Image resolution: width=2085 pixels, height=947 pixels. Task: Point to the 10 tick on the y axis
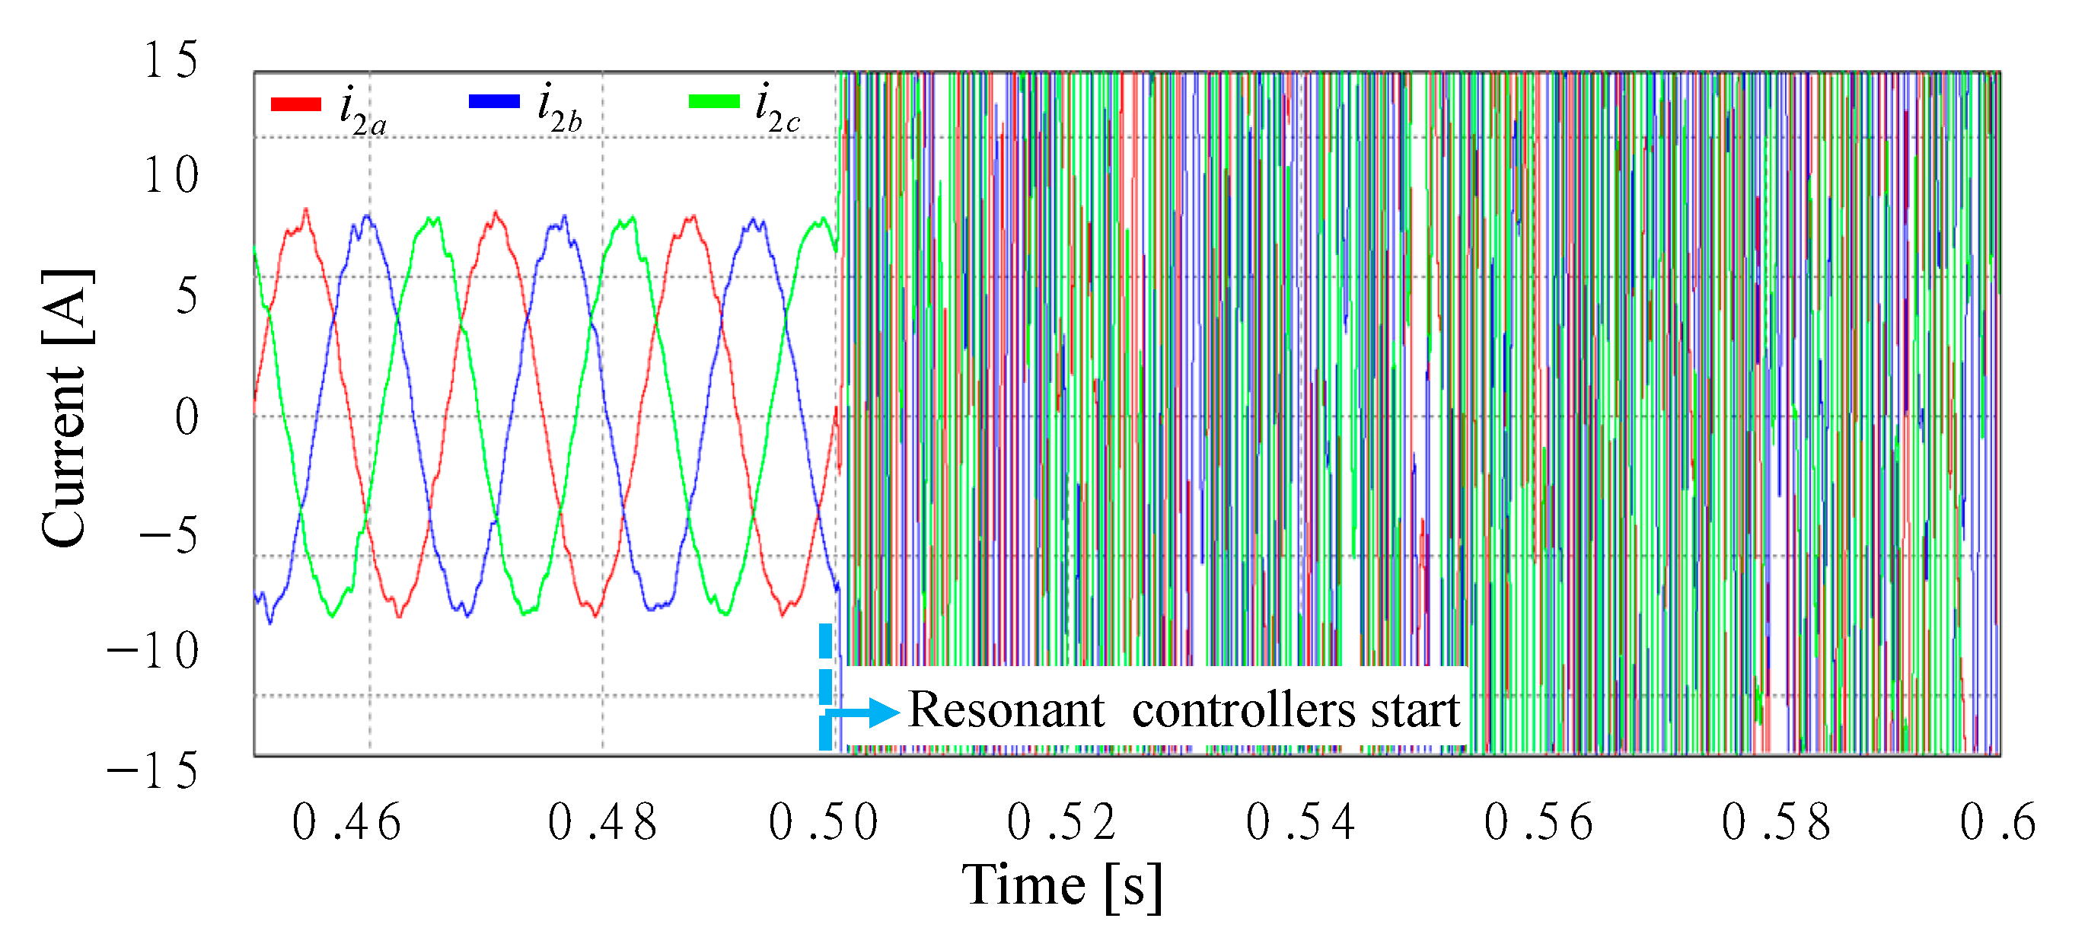coord(171,176)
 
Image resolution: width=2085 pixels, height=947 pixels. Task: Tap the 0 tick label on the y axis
coord(187,418)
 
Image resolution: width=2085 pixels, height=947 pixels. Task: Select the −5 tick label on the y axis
coord(169,536)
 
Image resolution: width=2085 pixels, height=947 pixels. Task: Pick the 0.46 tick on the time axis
coord(346,823)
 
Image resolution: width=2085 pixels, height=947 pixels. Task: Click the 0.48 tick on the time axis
coord(602,823)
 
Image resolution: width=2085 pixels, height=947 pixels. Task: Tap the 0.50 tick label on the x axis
coord(824,823)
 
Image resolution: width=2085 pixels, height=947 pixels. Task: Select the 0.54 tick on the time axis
coord(1301,823)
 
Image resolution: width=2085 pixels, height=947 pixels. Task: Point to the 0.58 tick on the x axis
coord(1777,823)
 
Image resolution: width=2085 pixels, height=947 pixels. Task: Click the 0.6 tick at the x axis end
coord(1997,823)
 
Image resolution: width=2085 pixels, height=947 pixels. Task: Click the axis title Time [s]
coord(1062,885)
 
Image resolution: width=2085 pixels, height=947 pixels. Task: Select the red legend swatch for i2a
coord(296,104)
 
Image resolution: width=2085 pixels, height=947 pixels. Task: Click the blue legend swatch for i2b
coord(494,101)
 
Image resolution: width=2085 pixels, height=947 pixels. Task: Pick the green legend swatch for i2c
coord(714,101)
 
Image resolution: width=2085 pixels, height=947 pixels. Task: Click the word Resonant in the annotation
coord(1006,711)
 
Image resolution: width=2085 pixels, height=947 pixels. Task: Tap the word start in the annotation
coord(1415,711)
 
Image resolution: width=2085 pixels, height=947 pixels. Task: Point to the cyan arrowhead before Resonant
coord(884,713)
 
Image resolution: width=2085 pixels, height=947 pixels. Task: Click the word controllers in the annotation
coord(1243,711)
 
